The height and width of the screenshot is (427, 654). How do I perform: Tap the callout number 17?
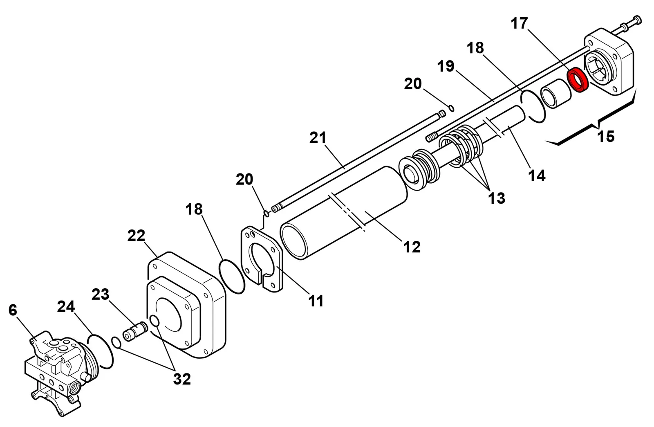pos(519,23)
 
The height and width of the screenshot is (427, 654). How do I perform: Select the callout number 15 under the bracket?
pos(606,136)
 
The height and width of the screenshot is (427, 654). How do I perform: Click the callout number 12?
pos(412,247)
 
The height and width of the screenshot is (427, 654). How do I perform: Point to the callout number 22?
pos(136,236)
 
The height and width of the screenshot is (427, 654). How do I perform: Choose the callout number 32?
pos(182,379)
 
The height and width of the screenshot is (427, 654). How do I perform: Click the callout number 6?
pos(13,310)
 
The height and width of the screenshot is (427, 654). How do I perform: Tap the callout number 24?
pos(66,307)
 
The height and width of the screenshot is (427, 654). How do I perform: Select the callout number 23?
pos(101,294)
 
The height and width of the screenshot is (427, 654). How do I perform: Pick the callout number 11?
pos(316,301)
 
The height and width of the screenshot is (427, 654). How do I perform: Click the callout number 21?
pos(318,137)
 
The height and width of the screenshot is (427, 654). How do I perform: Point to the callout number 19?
pos(446,66)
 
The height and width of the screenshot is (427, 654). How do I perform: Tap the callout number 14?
pos(537,175)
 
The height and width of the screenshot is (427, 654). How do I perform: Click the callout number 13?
pos(497,198)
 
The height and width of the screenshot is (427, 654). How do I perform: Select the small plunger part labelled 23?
pos(135,331)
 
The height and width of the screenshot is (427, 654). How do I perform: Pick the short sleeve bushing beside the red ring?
pos(555,93)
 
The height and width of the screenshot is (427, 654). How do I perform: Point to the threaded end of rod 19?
pos(432,137)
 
